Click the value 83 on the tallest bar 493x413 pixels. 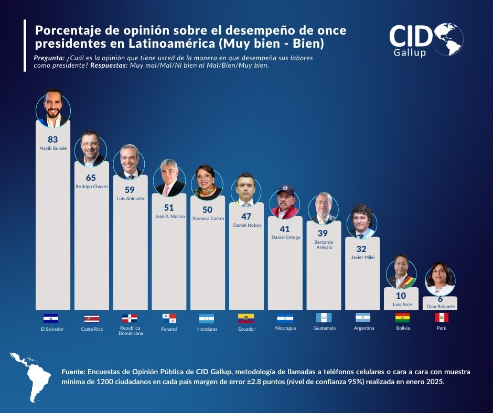click(52, 139)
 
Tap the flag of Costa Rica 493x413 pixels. click(91, 318)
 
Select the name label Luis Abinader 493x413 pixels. click(131, 199)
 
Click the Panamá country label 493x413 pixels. click(169, 329)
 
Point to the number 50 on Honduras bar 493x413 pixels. click(207, 209)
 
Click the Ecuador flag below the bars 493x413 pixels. click(246, 318)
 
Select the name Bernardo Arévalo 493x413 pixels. click(324, 245)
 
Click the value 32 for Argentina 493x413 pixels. click(362, 249)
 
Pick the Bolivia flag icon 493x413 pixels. click(402, 318)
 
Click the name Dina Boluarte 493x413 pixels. click(440, 306)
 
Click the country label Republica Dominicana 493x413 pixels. click(130, 330)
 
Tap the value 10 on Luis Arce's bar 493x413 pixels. click(401, 296)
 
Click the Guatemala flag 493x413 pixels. click(324, 318)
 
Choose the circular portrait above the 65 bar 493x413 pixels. click(91, 147)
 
